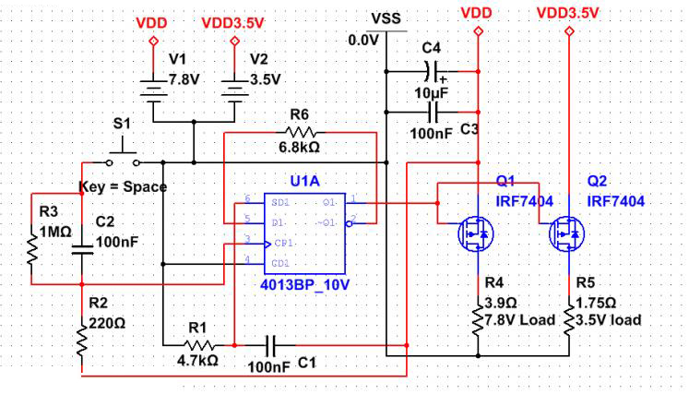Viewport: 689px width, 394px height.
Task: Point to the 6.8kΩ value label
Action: [299, 147]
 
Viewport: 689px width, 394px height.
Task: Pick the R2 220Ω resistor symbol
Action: [82, 343]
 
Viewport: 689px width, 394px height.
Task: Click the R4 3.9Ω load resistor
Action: [478, 318]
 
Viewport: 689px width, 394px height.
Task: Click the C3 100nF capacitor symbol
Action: [433, 113]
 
